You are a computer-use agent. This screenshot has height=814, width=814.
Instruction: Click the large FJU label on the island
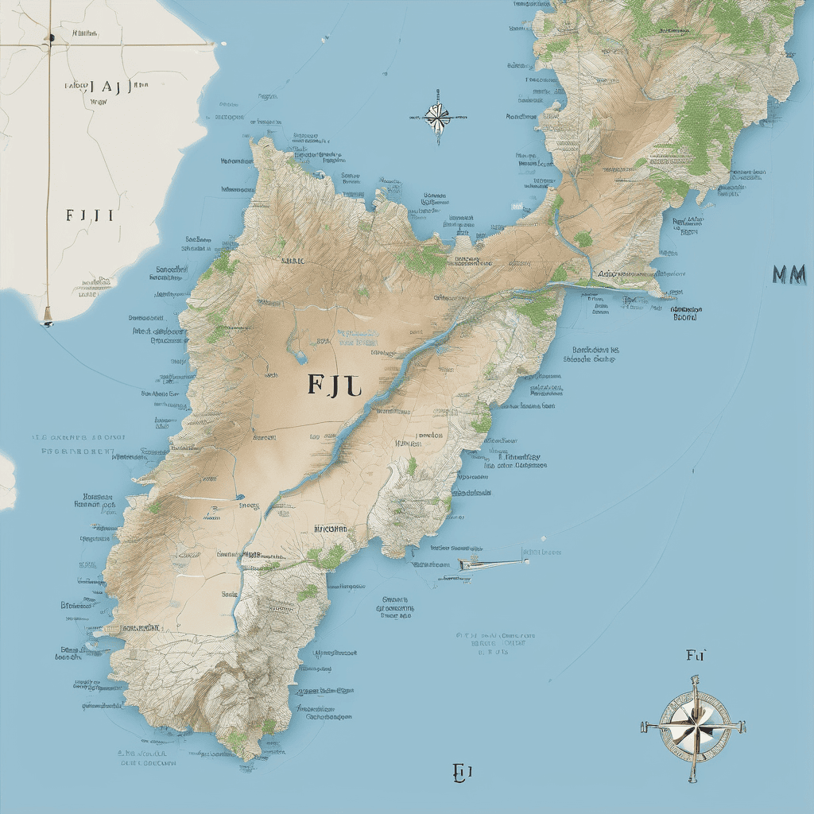(334, 384)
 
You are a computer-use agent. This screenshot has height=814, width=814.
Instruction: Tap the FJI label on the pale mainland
(89, 215)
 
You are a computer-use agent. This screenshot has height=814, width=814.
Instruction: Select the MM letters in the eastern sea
(789, 275)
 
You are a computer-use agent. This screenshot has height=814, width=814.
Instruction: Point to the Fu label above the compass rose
(696, 655)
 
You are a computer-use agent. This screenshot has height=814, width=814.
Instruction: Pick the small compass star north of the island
(436, 117)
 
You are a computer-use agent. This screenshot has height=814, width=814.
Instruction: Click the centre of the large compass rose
(694, 724)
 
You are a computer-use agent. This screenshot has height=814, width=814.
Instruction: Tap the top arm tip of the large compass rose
(694, 678)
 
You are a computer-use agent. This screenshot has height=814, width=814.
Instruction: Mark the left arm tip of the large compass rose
(644, 726)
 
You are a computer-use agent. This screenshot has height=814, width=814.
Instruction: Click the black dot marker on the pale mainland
(50, 37)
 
